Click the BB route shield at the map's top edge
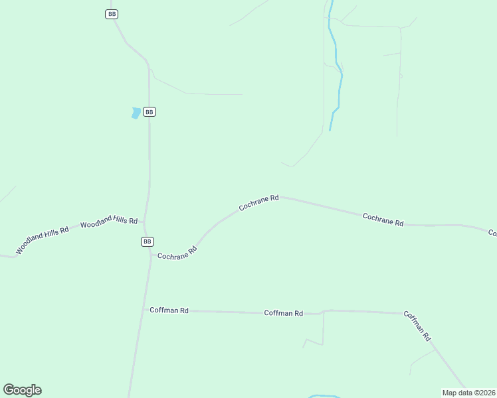112,14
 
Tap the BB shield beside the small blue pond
149,112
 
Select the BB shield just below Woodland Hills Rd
148,241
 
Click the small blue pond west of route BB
136,113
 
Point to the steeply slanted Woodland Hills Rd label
43,241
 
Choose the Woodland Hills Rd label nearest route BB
108,222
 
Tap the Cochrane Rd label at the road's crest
258,202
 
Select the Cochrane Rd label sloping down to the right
383,220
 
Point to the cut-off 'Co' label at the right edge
492,233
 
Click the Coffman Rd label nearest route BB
169,310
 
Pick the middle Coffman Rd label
283,312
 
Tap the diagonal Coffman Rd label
417,325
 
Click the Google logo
22,390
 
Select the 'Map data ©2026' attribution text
468,392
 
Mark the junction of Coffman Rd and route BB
143,309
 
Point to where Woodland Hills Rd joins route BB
144,222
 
